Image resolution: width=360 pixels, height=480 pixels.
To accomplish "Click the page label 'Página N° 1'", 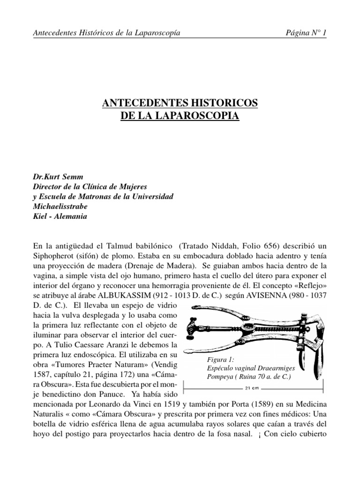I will pyautogui.click(x=306, y=32).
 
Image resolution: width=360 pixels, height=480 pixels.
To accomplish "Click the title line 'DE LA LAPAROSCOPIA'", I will pyautogui.click(x=180, y=115).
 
